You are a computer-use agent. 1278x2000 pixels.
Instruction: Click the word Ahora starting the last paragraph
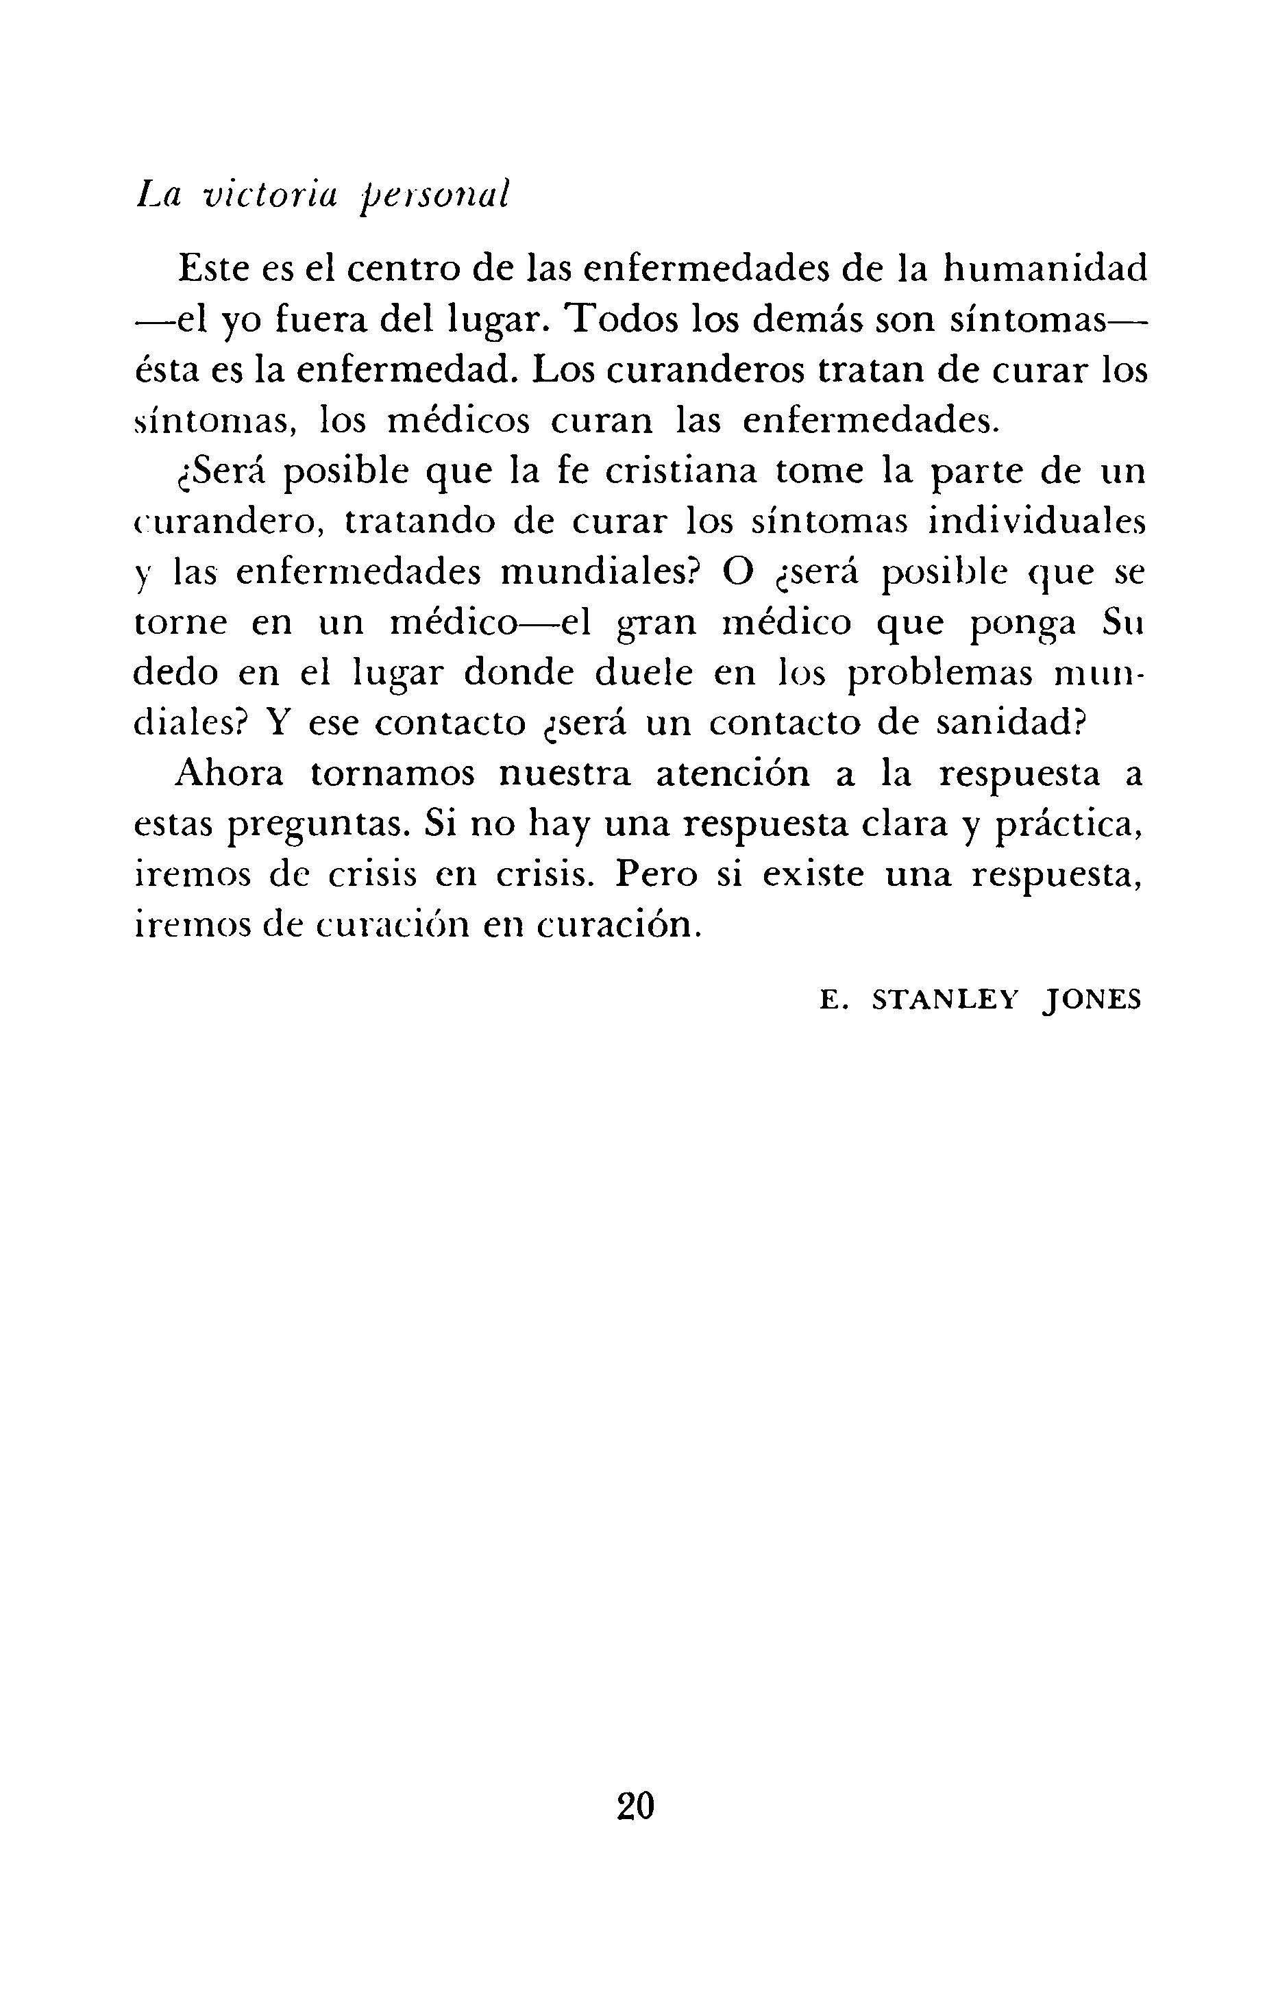point(230,775)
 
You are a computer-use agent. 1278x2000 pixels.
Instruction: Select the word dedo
point(174,674)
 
